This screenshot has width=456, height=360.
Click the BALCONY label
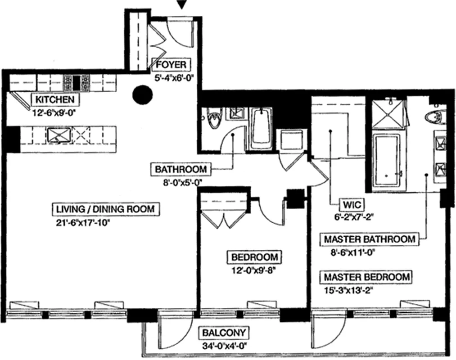pos(224,333)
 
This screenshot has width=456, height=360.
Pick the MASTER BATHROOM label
pos(369,239)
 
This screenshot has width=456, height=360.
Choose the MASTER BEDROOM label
pos(367,276)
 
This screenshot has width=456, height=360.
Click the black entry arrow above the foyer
pos(181,5)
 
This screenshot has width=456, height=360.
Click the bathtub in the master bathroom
pos(386,161)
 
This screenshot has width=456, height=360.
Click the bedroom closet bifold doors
pos(224,218)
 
